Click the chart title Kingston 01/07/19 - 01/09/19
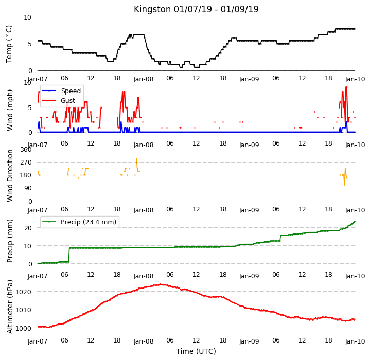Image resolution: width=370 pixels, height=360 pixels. (196, 9)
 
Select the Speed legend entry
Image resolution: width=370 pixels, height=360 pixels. (61, 91)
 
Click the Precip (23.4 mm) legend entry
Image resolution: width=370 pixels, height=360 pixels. (79, 222)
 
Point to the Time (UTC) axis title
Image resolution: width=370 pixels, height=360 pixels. (196, 351)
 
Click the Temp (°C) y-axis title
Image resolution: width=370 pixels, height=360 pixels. (9, 44)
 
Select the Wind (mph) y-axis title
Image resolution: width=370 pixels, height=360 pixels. (10, 110)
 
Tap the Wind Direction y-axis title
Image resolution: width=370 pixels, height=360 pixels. (10, 176)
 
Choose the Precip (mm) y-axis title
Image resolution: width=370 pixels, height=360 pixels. (10, 241)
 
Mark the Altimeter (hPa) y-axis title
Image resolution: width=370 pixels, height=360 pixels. (10, 307)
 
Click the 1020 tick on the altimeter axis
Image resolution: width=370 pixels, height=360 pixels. (23, 292)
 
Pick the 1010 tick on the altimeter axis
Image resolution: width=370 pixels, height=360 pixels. (23, 310)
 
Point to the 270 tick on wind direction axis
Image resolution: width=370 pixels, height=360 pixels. (26, 163)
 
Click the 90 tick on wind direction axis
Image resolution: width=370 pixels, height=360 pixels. (28, 188)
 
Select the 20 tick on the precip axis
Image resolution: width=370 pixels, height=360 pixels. (28, 228)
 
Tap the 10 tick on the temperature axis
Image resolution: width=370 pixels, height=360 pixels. (27, 17)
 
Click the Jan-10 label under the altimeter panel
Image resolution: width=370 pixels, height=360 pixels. (355, 341)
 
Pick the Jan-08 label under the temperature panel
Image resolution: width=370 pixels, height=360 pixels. (144, 79)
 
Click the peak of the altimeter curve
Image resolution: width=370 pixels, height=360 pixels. (160, 284)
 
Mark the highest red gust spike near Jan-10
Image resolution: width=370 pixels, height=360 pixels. (346, 87)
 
